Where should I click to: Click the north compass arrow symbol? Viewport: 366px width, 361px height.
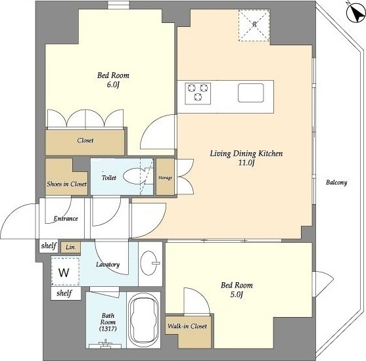coord(355,14)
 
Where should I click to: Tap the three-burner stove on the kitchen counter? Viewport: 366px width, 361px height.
coord(198,93)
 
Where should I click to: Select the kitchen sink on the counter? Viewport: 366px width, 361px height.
coord(251,93)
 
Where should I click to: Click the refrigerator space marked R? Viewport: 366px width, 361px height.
coord(254,26)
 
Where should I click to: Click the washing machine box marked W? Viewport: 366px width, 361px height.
coord(65,272)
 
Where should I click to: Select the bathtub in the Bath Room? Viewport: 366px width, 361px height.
coord(143,320)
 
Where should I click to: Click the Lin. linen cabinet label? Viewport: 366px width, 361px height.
coord(70,247)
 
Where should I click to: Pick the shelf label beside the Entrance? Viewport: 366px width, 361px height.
coord(49,245)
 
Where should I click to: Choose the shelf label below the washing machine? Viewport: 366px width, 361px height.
coord(64,293)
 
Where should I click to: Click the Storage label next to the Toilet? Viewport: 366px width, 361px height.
coord(165,178)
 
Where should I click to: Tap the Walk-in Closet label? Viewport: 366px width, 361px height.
coord(187,326)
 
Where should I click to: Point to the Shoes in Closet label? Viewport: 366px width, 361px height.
coord(67,184)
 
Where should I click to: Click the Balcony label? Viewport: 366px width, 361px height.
coord(336,182)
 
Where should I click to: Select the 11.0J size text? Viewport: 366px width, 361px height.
coord(246,163)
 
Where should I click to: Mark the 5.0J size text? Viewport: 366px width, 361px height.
coord(237,295)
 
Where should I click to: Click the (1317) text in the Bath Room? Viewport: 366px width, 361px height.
coord(108,329)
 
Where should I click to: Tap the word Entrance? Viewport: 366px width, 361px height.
coord(66,219)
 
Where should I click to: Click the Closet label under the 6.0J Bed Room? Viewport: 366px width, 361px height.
coord(85,140)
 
